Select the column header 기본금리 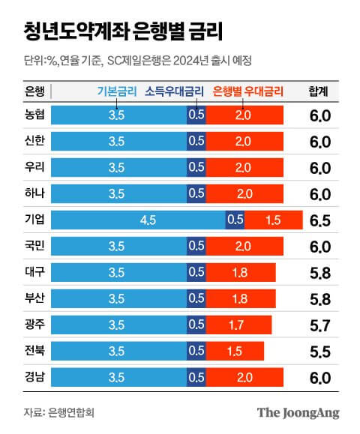coord(117,92)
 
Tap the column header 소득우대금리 coord(174,92)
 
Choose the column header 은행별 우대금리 coord(248,92)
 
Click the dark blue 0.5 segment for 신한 coord(196,141)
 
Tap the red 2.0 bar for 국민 coord(244,246)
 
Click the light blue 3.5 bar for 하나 coord(116,193)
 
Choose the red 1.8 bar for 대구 coord(241,272)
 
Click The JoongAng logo coord(298,412)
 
